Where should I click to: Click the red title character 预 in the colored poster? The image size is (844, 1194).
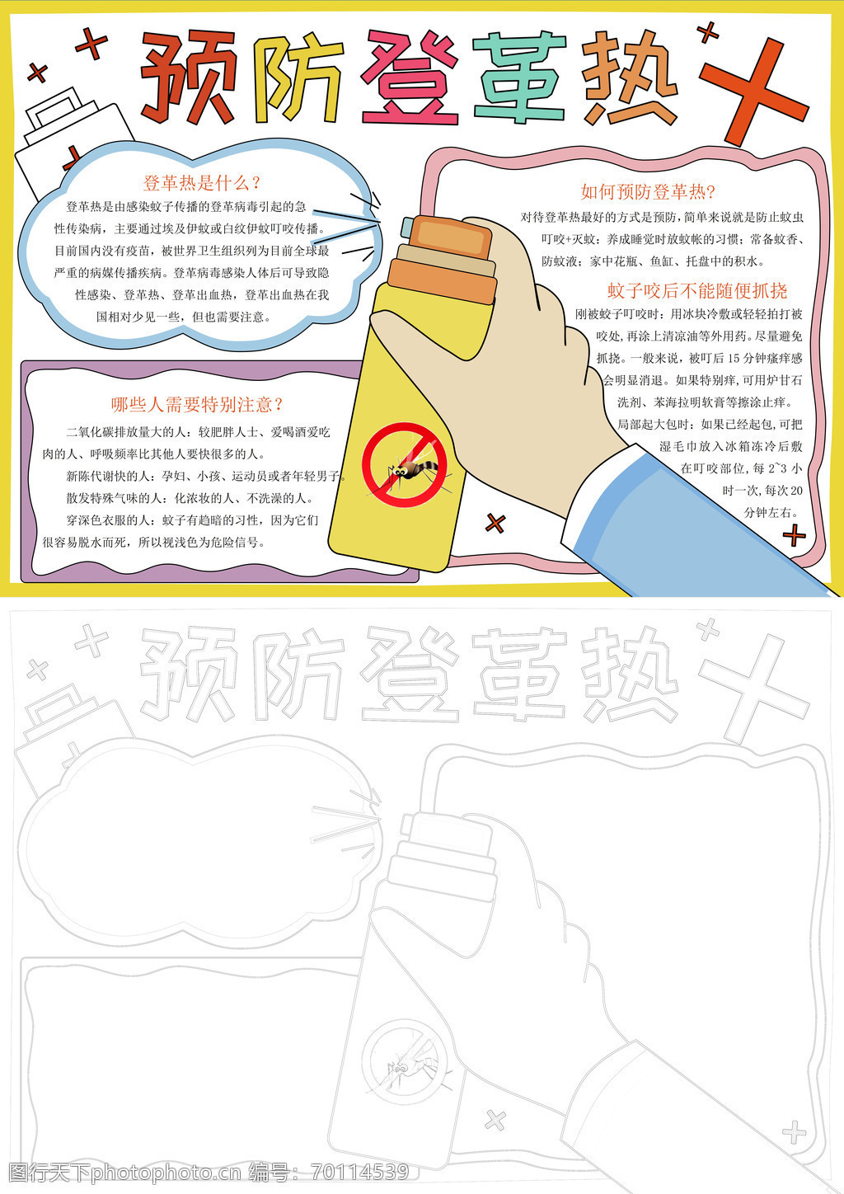coord(189,77)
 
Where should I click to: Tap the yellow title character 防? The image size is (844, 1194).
coord(298,78)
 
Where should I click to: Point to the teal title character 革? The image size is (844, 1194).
coord(519,77)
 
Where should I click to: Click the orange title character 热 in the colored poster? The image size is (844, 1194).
coord(629,77)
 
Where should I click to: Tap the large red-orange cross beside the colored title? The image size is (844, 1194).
coord(753,92)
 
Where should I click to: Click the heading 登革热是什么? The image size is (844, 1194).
coord(201,183)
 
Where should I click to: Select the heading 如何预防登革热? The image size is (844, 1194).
coord(647,191)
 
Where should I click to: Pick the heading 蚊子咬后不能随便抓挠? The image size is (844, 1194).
coord(697,290)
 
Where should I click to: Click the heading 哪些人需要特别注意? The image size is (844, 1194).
coord(197,405)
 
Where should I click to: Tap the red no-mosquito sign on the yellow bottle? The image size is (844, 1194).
coord(405,464)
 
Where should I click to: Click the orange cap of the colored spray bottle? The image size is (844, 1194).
coord(451,237)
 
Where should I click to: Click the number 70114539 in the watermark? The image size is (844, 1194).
coord(360,1173)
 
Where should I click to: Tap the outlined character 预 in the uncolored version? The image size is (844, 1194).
coord(189,674)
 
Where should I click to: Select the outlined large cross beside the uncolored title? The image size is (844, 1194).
coord(753,689)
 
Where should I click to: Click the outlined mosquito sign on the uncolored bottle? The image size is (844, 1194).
coord(405,1061)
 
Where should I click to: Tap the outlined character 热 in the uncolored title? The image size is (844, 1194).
coord(629,674)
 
